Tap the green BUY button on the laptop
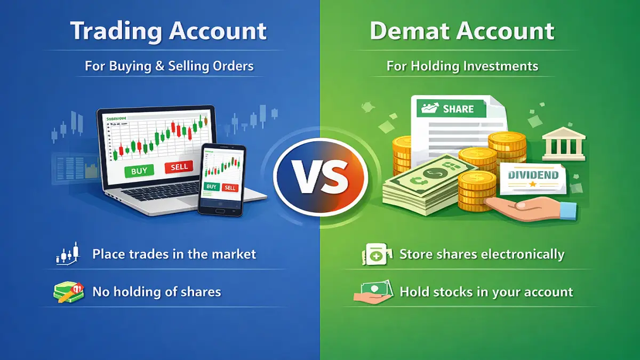click(139, 171)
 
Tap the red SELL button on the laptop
click(179, 167)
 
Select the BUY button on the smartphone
click(212, 187)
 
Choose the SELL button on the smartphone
click(230, 188)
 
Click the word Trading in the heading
click(115, 31)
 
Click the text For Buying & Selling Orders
click(169, 67)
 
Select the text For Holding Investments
click(462, 67)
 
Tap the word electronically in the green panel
click(522, 254)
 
